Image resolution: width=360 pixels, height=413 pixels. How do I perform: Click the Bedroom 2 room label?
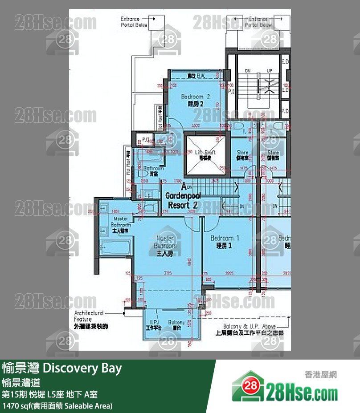195,100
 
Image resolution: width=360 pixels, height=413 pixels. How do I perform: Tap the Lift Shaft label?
205,154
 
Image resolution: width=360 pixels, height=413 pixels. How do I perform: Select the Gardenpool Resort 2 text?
183,200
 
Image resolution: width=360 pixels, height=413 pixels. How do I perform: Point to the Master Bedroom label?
165,245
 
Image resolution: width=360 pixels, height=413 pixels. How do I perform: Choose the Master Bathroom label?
121,225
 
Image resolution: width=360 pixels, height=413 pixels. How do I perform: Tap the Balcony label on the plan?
176,324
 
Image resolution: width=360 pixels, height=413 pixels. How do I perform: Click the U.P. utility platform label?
154,324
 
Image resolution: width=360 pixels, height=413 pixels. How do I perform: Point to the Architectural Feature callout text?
90,319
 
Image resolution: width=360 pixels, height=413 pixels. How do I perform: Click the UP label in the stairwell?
269,70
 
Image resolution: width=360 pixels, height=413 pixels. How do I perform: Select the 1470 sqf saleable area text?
57,405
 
